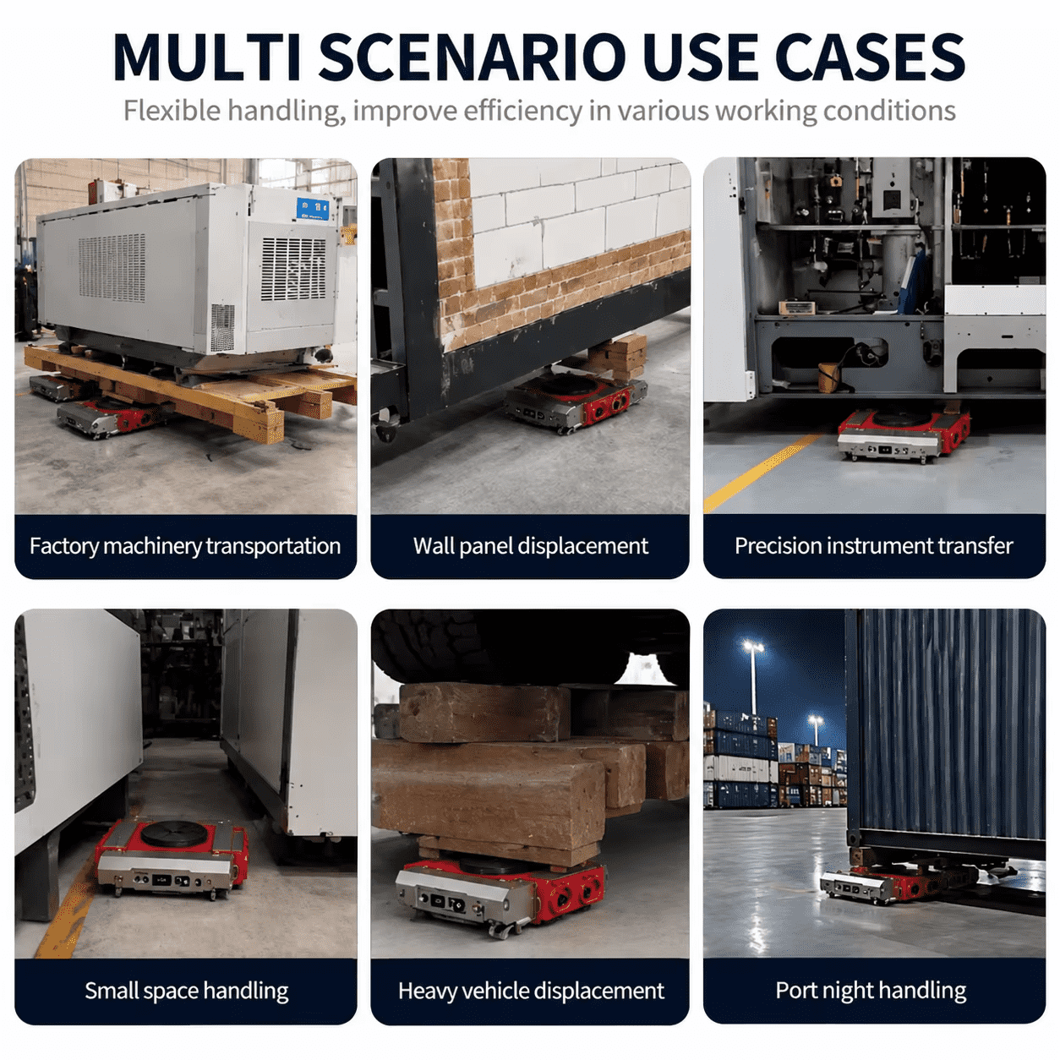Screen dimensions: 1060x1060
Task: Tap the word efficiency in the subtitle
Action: [x=522, y=111]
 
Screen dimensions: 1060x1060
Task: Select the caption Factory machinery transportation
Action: [x=185, y=546]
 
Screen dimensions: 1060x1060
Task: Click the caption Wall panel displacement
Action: [x=530, y=546]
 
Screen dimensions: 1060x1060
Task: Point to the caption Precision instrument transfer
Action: [x=874, y=546]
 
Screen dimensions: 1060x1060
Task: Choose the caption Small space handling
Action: [x=187, y=992]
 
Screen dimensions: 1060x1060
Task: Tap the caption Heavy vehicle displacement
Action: [x=531, y=992]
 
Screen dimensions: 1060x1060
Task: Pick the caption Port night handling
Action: [x=871, y=991]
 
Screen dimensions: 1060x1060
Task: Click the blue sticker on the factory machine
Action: [x=313, y=210]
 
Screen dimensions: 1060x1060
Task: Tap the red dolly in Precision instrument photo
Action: [x=903, y=434]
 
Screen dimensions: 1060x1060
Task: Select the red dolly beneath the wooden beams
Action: [x=500, y=894]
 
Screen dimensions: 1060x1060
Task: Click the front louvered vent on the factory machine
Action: [x=292, y=270]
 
